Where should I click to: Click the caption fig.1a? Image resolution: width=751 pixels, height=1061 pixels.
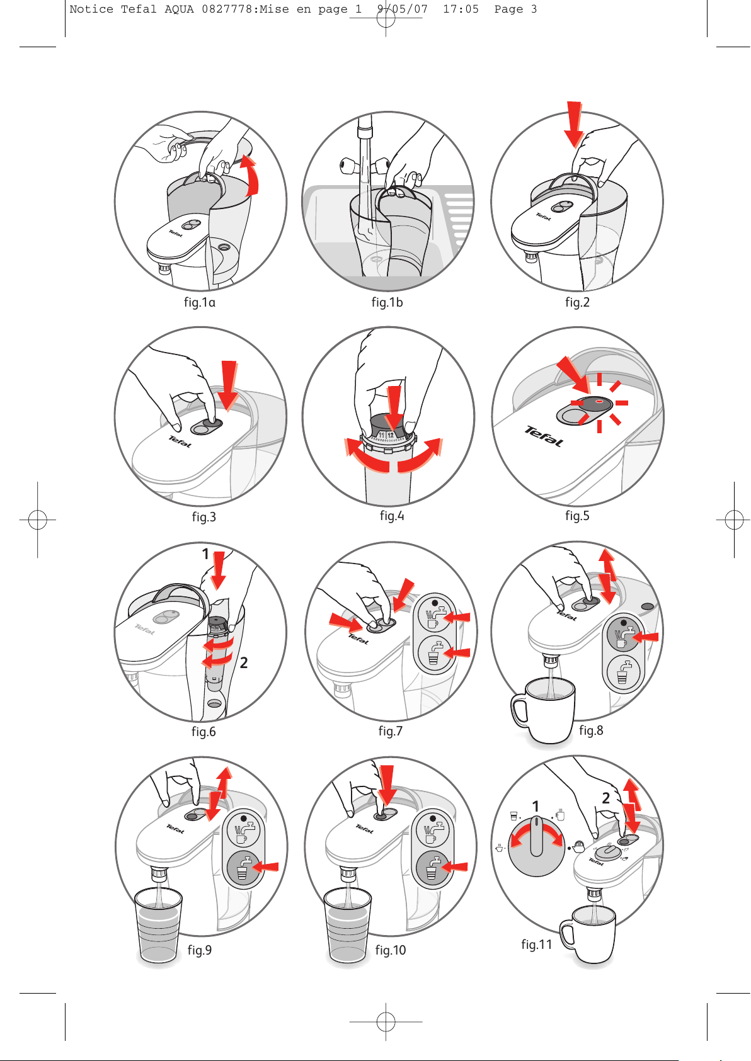[x=200, y=302]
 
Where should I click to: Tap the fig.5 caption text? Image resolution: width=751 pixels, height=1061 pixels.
[x=577, y=515]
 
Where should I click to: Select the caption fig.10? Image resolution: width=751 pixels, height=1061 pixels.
[x=391, y=950]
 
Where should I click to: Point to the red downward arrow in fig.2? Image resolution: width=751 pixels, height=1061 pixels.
[x=574, y=124]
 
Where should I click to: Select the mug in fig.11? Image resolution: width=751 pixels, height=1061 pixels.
[x=588, y=934]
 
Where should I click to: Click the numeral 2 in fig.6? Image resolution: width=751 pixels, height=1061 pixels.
[x=244, y=662]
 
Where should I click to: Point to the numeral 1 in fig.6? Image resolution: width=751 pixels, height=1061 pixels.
[x=205, y=553]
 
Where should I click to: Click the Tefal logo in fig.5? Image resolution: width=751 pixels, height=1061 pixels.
[x=544, y=436]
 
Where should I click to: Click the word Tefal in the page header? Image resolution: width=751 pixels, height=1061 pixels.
[x=139, y=9]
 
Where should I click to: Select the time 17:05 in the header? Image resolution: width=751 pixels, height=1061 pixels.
[x=461, y=9]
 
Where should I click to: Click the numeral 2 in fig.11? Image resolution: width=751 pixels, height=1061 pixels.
[x=605, y=798]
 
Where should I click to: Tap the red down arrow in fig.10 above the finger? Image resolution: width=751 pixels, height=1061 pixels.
[x=387, y=785]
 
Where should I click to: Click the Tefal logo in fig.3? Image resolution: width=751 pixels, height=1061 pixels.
[x=180, y=442]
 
